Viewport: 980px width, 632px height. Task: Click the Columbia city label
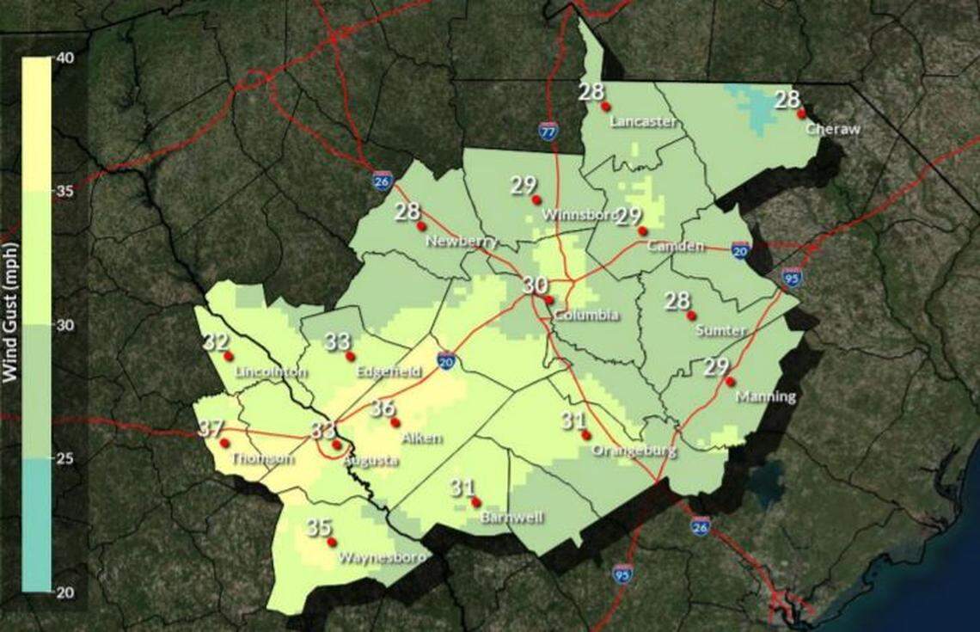[585, 316]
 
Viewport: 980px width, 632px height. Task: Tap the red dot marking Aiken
[395, 422]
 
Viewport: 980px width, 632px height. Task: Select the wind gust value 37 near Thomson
[211, 427]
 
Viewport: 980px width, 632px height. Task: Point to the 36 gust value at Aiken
[383, 408]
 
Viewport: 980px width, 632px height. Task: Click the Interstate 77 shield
[548, 131]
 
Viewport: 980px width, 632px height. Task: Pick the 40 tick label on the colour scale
[67, 58]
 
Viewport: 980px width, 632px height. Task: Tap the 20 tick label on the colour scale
[67, 592]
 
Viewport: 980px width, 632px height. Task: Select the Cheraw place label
[833, 129]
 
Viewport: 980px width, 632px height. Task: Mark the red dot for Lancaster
[605, 107]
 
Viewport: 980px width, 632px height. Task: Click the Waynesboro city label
[382, 557]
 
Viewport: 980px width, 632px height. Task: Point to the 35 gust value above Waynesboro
[319, 527]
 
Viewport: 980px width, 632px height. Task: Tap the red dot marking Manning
[730, 381]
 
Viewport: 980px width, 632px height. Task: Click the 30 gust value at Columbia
[536, 285]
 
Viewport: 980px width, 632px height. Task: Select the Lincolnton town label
[270, 372]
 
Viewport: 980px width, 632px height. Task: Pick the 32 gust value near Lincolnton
[216, 341]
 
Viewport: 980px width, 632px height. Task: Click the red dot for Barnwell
[475, 502]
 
